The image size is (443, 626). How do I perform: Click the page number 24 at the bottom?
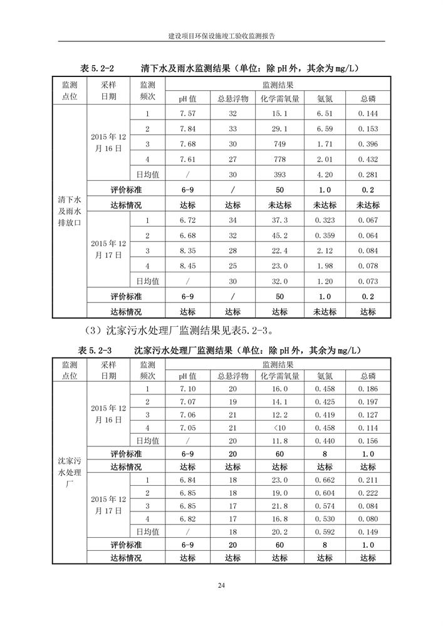point(221,585)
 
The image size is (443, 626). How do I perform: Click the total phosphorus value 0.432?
point(368,160)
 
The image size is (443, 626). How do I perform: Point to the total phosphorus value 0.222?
point(368,494)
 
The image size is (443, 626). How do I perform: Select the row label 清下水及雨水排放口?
point(70,212)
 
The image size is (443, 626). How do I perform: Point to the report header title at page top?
point(221,36)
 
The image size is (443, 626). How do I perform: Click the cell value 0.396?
point(368,144)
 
